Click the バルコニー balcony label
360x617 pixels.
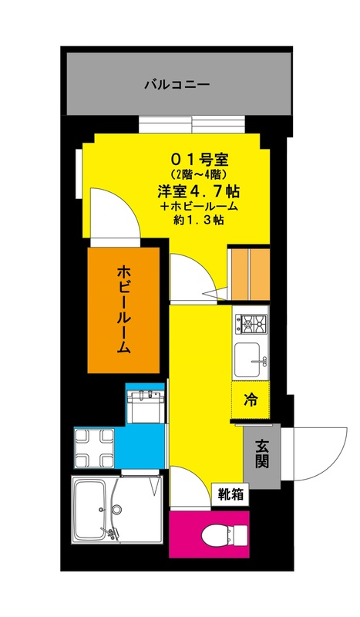tap(177, 85)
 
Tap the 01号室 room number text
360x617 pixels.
tap(200, 160)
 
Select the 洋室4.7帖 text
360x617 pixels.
tap(199, 191)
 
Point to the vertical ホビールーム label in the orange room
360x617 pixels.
tap(123, 310)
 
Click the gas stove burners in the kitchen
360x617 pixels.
tap(251, 324)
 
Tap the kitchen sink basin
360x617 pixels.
tap(247, 359)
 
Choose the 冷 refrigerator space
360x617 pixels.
tap(251, 400)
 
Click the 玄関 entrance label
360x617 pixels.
tap(261, 453)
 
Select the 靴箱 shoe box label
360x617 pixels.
tap(230, 494)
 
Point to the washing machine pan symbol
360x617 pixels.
tap(94, 449)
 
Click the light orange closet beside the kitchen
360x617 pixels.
tap(251, 274)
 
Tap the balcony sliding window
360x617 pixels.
tap(192, 126)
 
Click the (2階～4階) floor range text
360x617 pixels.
tap(200, 173)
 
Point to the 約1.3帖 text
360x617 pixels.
tap(199, 220)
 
